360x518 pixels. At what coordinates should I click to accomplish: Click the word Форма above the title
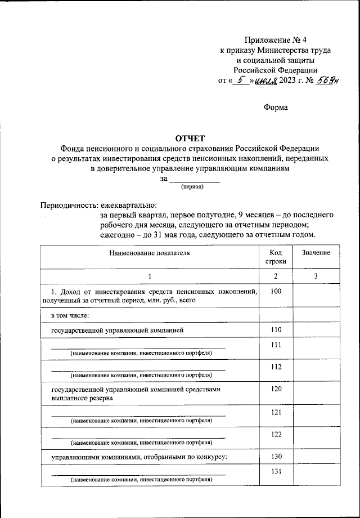[x=276, y=108]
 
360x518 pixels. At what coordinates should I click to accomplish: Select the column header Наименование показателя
[x=150, y=253]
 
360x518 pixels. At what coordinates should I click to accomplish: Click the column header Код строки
[x=276, y=257]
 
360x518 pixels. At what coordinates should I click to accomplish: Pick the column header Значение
[x=316, y=253]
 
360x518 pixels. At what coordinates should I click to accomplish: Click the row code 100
[x=276, y=291]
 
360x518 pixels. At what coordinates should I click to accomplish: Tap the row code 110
[x=276, y=329]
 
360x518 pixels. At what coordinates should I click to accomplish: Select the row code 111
[x=276, y=345]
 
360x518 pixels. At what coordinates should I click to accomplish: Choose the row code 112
[x=276, y=367]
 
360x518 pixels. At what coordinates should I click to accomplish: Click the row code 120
[x=276, y=389]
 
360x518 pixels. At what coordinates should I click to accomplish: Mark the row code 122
[x=276, y=434]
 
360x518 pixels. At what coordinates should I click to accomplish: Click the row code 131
[x=276, y=472]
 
